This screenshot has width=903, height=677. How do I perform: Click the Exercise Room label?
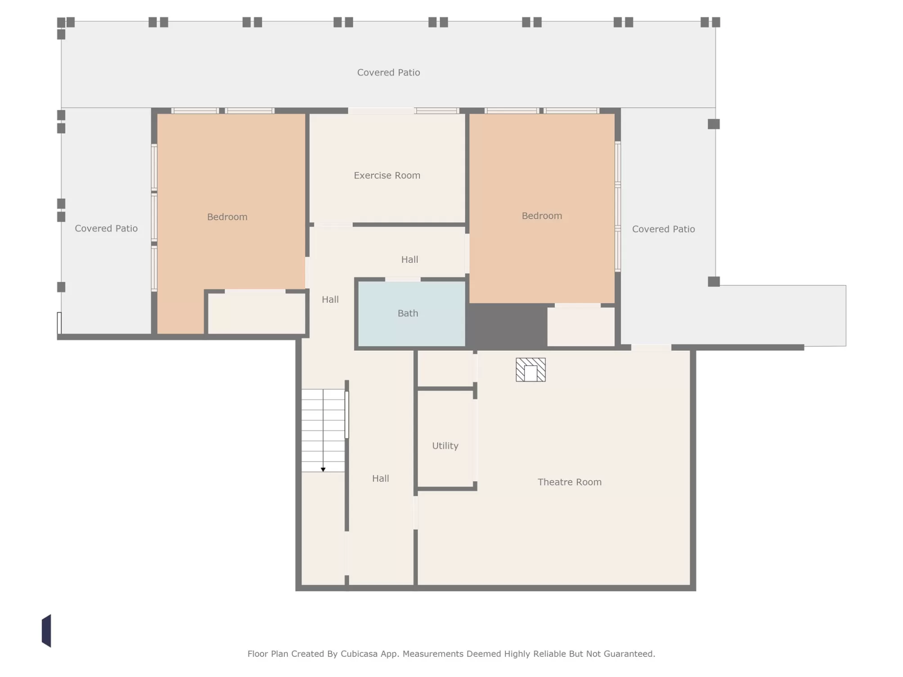click(x=387, y=175)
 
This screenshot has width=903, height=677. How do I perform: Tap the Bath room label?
click(x=408, y=313)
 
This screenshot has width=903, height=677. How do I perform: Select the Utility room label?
click(x=445, y=446)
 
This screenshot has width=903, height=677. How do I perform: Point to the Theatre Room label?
click(x=570, y=482)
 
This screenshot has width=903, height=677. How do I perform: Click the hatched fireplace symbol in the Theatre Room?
click(x=531, y=370)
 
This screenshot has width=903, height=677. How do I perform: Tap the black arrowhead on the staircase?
click(x=323, y=470)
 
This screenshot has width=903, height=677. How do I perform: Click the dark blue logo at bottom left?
click(x=46, y=631)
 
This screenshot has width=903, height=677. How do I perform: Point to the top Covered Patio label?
click(x=389, y=72)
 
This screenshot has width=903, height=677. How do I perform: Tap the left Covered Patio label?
click(x=106, y=229)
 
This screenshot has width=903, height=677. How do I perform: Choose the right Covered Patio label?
click(x=664, y=229)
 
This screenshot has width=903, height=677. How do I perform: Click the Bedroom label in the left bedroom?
click(x=227, y=217)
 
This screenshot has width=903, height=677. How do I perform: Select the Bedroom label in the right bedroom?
click(x=542, y=216)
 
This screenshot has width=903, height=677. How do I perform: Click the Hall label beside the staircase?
click(x=381, y=479)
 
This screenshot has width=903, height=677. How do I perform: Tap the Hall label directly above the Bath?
click(x=410, y=260)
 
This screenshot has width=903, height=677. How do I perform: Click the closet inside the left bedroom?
click(x=256, y=314)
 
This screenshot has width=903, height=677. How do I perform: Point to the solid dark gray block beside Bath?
click(x=507, y=326)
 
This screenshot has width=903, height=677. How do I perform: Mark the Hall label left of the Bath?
click(x=330, y=300)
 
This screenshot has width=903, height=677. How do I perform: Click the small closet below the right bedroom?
click(x=581, y=327)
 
